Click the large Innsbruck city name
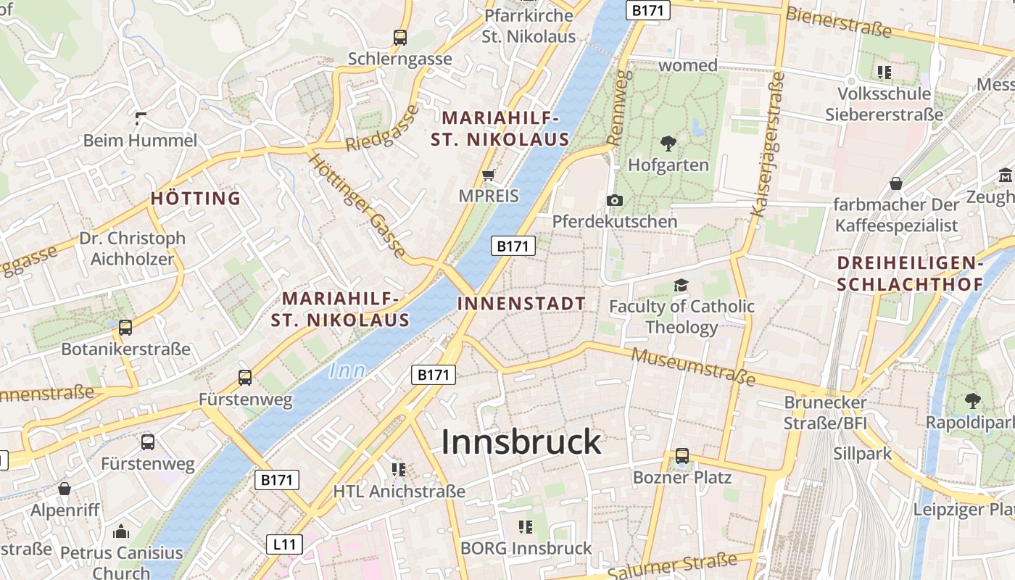(521, 442)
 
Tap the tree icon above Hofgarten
(668, 143)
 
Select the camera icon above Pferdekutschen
(615, 200)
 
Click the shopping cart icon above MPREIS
(489, 175)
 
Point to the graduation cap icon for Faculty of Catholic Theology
(681, 285)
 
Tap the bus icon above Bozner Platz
(681, 456)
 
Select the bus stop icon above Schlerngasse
(399, 38)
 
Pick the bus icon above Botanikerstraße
(125, 328)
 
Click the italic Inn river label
(347, 370)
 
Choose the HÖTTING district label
(196, 199)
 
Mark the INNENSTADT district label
(521, 304)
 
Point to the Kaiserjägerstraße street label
(768, 144)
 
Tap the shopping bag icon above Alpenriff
(65, 489)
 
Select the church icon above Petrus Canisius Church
(121, 531)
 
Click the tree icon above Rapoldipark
(971, 399)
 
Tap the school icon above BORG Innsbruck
(526, 527)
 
